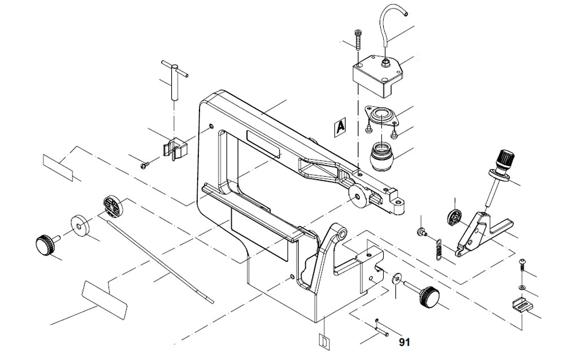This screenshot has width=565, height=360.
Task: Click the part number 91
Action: (x=404, y=342)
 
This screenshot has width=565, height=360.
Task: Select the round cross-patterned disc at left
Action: (x=112, y=206)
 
